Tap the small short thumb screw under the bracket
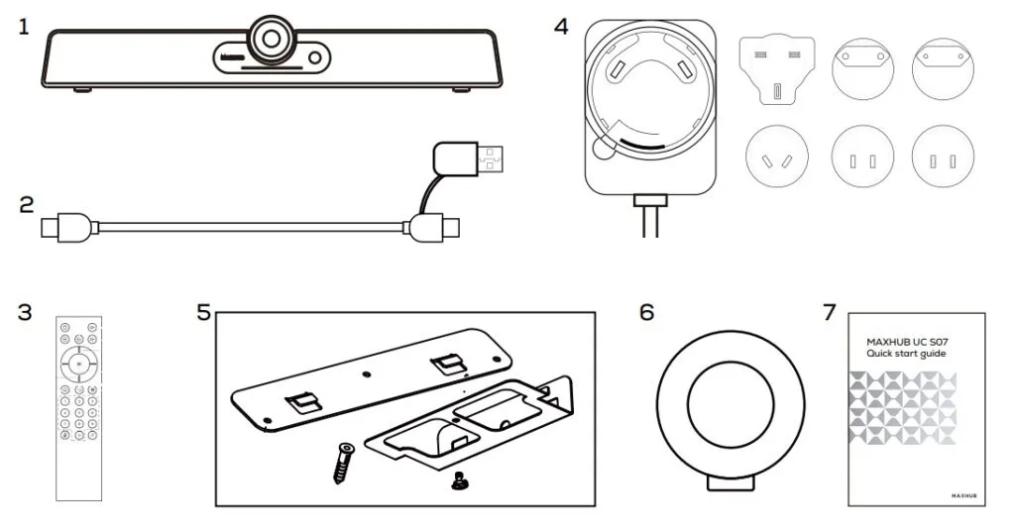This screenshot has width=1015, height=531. (458, 479)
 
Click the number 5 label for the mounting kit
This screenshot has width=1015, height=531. (203, 313)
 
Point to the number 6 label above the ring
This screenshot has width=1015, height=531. (646, 313)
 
